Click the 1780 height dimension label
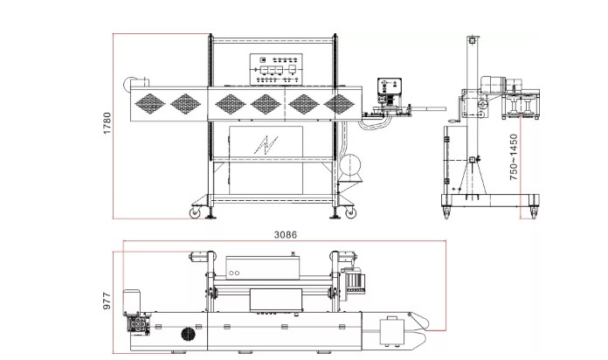point(107,123)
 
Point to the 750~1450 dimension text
point(514,158)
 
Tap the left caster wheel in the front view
point(196,211)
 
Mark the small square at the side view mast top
point(472,40)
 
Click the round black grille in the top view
point(187,334)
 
